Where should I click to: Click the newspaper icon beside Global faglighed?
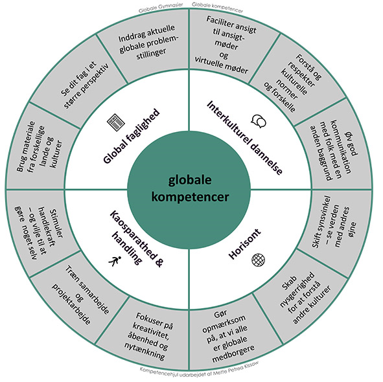pos(116,122)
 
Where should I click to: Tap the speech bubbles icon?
pos(259,121)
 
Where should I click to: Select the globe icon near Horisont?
pos(258,260)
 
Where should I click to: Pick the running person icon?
pos(115,262)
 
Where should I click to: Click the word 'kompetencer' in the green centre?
pos(190,197)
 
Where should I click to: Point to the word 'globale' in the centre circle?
pos(190,180)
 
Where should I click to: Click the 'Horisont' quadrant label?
pos(245,243)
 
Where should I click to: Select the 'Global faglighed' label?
pos(132,136)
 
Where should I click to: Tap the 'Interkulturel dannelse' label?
pos(244,138)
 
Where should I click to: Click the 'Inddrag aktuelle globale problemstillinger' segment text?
pos(148,42)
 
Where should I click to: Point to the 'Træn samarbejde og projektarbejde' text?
pos(80,295)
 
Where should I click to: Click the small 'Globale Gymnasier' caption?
pos(161,8)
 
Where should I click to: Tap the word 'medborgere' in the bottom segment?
pos(233,355)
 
